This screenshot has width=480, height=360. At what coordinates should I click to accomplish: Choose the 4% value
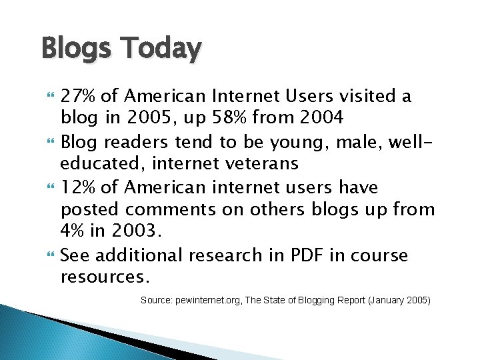(73, 232)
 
